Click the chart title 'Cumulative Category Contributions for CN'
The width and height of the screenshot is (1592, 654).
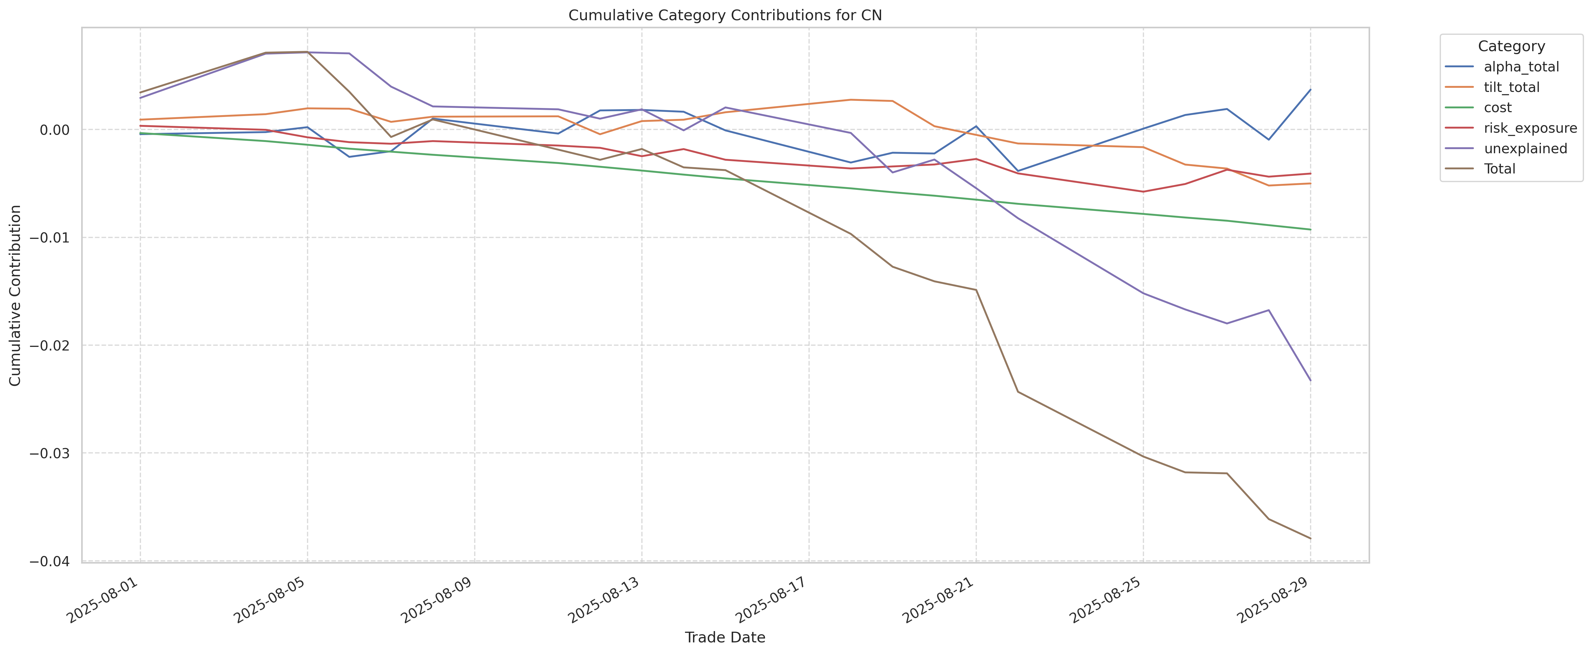pyautogui.click(x=725, y=15)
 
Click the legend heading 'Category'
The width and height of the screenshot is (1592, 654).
pyautogui.click(x=1511, y=46)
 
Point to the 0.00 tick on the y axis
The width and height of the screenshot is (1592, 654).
pyautogui.click(x=54, y=130)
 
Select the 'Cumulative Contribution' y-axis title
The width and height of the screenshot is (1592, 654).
pyautogui.click(x=15, y=295)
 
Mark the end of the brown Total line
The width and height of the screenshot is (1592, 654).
pyautogui.click(x=1310, y=539)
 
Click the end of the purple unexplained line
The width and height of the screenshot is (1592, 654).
pyautogui.click(x=1310, y=380)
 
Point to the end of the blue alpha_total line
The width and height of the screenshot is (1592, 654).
pyautogui.click(x=1310, y=90)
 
